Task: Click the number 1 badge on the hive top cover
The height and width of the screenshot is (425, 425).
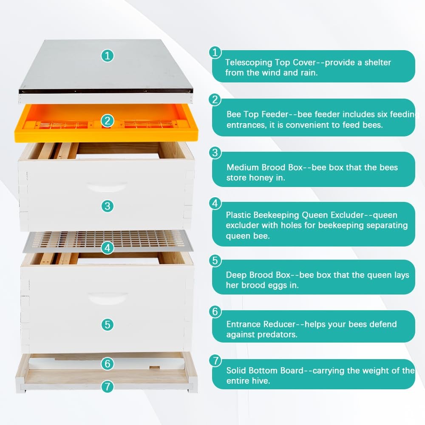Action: pos(108,56)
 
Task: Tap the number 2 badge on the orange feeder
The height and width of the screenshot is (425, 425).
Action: pos(108,121)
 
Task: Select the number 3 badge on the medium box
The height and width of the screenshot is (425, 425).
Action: pos(108,206)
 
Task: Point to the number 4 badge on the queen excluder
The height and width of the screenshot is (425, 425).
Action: pos(108,248)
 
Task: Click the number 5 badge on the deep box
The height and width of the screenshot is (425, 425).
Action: pos(108,324)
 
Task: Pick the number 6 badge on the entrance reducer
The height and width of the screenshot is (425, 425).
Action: pos(108,363)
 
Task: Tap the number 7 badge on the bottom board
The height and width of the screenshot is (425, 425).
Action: pos(108,386)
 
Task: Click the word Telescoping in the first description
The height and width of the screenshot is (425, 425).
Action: pos(249,62)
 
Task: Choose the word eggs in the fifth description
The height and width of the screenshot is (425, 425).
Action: pos(278,286)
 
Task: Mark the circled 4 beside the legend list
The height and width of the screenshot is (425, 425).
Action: pos(215,203)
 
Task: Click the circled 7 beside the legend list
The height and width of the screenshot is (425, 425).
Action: pos(215,361)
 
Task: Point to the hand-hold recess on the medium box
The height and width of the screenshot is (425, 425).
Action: pos(106,187)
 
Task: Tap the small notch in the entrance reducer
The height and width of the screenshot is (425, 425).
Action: pos(155,368)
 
